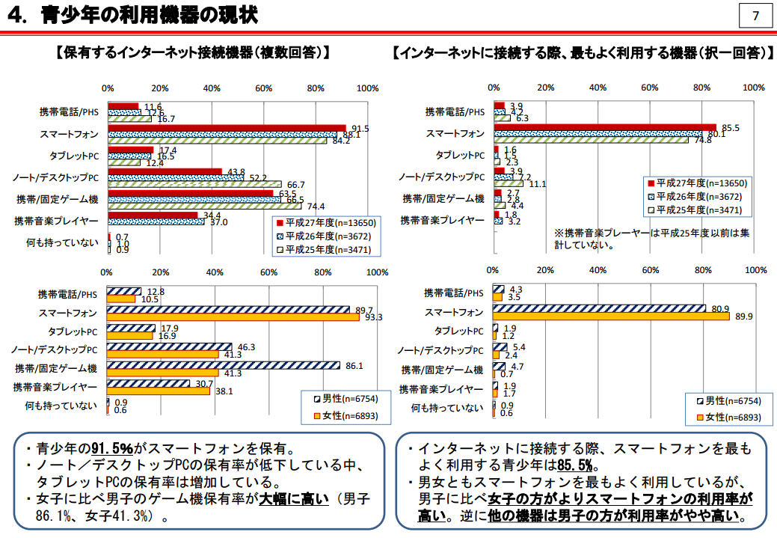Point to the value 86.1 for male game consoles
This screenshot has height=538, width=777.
click(x=354, y=366)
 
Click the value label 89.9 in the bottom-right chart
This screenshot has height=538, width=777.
click(x=743, y=317)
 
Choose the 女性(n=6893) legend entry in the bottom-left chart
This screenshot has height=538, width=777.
click(x=340, y=415)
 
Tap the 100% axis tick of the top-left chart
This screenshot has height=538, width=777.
click(x=367, y=88)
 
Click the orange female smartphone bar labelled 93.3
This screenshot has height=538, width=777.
click(x=233, y=317)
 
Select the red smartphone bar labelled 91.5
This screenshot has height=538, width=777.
click(x=227, y=129)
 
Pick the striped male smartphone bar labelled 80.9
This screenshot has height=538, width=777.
click(x=599, y=308)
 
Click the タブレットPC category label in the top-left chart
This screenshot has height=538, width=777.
click(x=73, y=156)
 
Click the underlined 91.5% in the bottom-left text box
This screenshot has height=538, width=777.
click(x=112, y=449)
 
